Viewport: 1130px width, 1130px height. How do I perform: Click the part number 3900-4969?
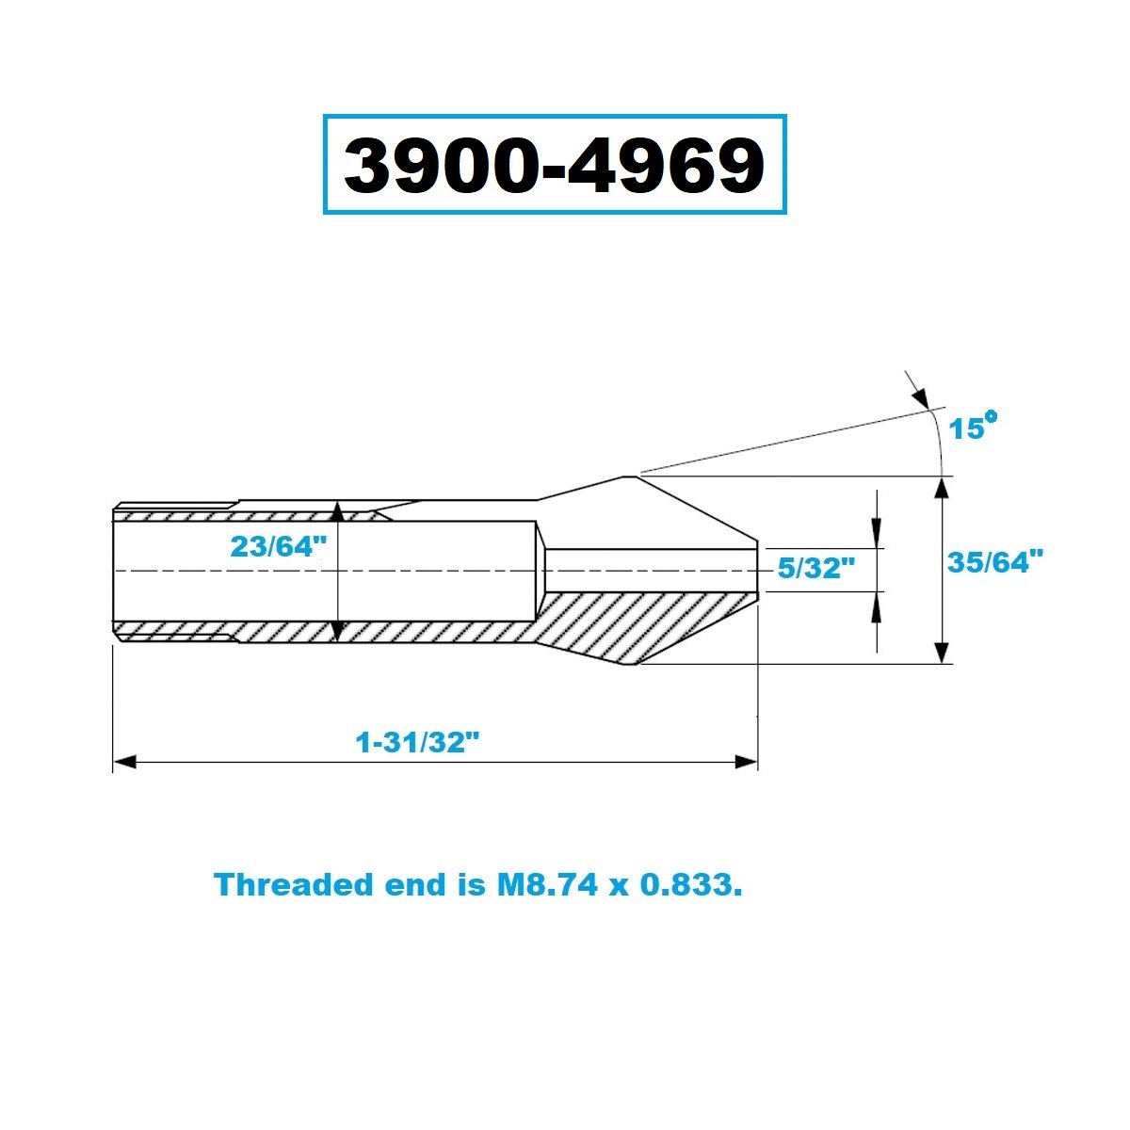tap(554, 165)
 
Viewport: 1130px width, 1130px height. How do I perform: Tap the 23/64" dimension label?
tap(278, 546)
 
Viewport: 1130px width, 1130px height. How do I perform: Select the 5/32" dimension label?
tap(816, 568)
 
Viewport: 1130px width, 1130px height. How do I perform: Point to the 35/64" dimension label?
tap(995, 562)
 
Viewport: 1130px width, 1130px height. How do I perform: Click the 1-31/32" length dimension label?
tap(417, 743)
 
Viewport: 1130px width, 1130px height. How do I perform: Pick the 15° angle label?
tap(973, 426)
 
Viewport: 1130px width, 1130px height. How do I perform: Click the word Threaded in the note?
tap(294, 884)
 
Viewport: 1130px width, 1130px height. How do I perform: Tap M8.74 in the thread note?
tap(547, 884)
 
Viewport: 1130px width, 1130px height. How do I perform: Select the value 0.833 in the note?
tap(686, 884)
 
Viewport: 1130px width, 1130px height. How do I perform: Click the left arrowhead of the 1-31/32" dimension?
tap(124, 762)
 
